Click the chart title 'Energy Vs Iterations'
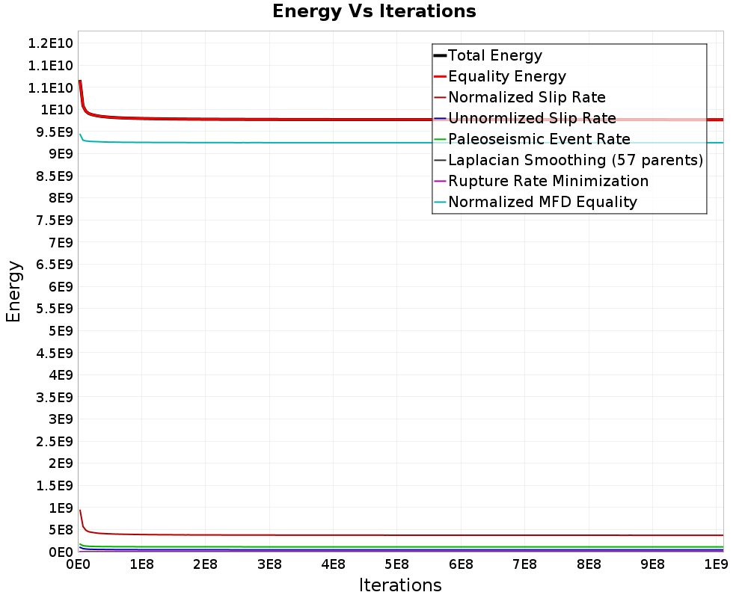pos(374,12)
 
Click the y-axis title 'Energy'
pos(13,291)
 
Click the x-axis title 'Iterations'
pos(400,585)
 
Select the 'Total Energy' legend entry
pos(494,55)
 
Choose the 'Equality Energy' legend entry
pos(506,76)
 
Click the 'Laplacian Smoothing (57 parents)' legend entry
pos(575,160)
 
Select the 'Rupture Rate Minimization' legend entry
pos(548,181)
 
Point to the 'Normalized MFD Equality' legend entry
pos(542,202)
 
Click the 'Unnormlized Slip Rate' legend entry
pos(532,118)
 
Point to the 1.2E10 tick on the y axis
pos(49,43)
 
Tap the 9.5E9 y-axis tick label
pos(52,132)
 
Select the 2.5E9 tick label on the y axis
pos(52,442)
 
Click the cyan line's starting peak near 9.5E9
pos(80,135)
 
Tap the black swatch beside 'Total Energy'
pos(440,55)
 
